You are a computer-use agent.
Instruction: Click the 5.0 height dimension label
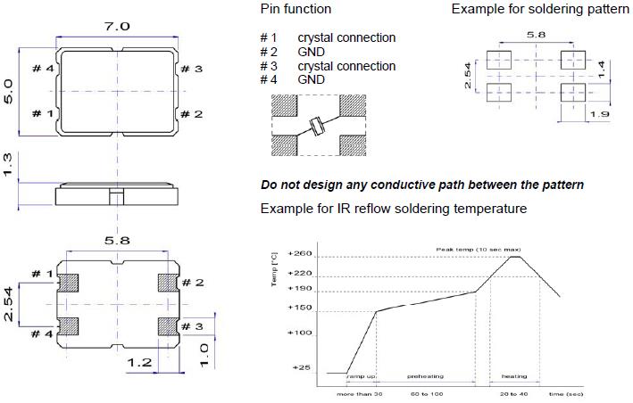click(x=9, y=89)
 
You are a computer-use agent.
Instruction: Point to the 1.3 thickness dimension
click(x=9, y=165)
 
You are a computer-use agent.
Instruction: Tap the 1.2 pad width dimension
click(x=137, y=363)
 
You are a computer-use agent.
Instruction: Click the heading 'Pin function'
click(x=296, y=9)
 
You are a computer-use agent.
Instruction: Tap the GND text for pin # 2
click(x=312, y=52)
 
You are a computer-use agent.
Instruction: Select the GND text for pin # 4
click(x=312, y=79)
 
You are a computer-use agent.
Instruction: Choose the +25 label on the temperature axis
click(x=302, y=367)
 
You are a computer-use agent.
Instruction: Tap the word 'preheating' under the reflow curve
click(x=425, y=377)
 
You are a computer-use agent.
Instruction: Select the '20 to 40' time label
click(x=514, y=392)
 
